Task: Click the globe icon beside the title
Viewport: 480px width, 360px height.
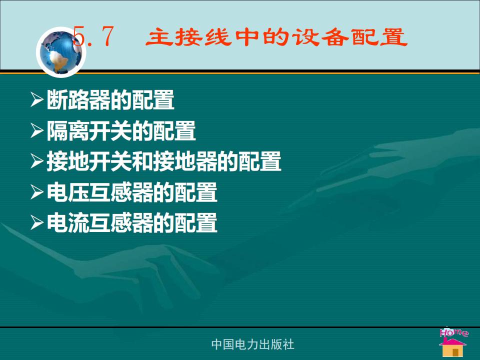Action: pos(61,52)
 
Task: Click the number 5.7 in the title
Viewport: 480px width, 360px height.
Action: pos(94,36)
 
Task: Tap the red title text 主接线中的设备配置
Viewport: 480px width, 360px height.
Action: pos(276,37)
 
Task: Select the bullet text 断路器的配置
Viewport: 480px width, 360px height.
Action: pos(110,100)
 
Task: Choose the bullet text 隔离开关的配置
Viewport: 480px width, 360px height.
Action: pos(121,130)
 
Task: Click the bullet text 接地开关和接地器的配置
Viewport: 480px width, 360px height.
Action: pos(164,161)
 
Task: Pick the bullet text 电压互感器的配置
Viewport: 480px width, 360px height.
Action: pos(132,192)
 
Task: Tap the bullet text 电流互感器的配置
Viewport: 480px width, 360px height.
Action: pos(132,223)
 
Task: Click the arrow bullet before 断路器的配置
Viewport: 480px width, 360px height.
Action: pos(37,100)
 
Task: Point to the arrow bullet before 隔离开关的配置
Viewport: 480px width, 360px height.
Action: pos(37,130)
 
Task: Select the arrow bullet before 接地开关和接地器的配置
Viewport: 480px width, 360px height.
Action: pos(37,161)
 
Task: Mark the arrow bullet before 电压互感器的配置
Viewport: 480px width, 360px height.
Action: pos(37,192)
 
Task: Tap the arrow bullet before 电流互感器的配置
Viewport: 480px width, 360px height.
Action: pos(37,223)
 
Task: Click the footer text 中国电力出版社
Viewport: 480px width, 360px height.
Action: pos(253,344)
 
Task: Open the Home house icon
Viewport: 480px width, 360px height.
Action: pos(452,347)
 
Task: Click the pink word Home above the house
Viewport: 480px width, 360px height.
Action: pos(453,332)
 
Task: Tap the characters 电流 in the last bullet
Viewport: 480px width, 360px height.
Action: pos(68,223)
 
